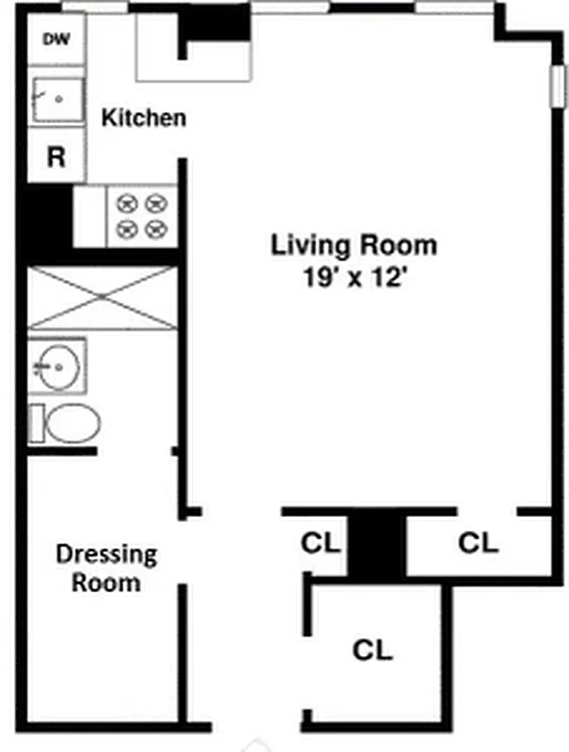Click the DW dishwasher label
56,41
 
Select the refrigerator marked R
56,156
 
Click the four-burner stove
140,215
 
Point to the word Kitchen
143,118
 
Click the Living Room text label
354,245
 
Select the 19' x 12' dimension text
354,278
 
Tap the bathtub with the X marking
103,298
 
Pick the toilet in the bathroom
66,424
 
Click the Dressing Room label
106,568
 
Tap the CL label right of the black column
479,542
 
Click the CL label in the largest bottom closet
372,650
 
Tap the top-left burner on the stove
125,202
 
